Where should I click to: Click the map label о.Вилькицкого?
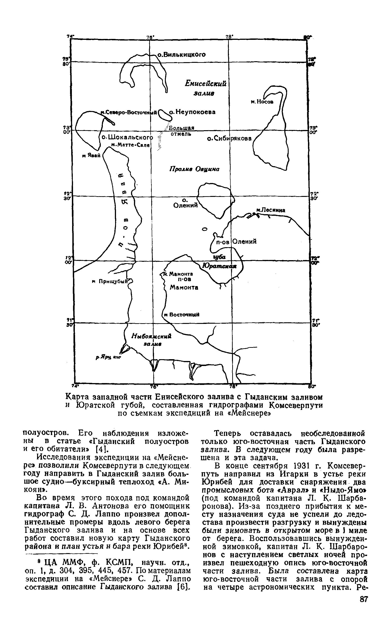[182, 54]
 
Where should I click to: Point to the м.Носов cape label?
[262, 102]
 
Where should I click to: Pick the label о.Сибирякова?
[229, 139]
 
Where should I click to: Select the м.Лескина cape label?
[271, 210]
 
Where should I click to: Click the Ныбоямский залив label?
[152, 340]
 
